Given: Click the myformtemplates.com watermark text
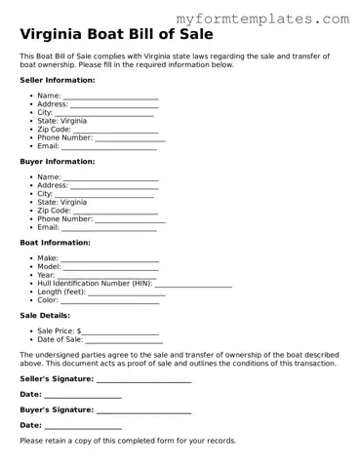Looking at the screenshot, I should tap(262, 18).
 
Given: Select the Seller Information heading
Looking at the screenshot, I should tap(58, 80).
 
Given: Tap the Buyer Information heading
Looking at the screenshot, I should tap(58, 162).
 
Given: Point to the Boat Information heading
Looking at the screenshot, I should tap(55, 242).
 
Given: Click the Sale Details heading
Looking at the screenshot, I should tap(45, 316).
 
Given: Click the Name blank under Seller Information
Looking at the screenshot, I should tap(110, 97).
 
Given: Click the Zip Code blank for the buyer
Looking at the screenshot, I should tap(115, 211).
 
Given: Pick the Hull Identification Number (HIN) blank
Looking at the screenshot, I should tap(193, 284).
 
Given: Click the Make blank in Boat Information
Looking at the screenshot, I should tap(110, 258).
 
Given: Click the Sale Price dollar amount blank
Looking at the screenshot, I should tap(121, 331).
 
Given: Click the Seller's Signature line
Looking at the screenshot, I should tap(143, 378).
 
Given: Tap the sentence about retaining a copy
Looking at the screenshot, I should tap(128, 441).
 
